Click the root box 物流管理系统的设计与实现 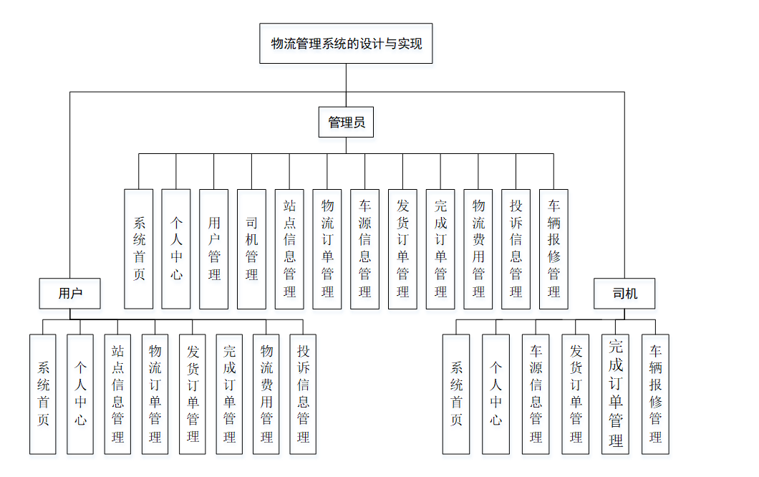(x=346, y=44)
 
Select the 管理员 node (x=346, y=122)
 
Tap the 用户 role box (x=70, y=294)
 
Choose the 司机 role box (x=624, y=294)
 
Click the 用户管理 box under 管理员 (x=214, y=249)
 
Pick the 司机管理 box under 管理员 (x=251, y=249)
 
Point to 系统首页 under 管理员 (x=139, y=249)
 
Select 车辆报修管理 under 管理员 (x=553, y=249)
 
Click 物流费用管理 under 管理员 (x=478, y=249)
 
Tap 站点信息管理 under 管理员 (x=289, y=249)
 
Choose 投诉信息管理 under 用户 (x=303, y=394)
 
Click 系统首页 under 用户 (x=43, y=394)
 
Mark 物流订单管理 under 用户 (x=155, y=394)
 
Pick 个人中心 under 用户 (x=80, y=394)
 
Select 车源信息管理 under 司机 (x=536, y=394)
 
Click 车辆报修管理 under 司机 (x=655, y=394)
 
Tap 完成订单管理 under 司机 (x=615, y=394)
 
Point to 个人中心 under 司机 (x=495, y=394)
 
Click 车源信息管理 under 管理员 (x=364, y=249)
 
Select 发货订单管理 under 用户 (x=192, y=394)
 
